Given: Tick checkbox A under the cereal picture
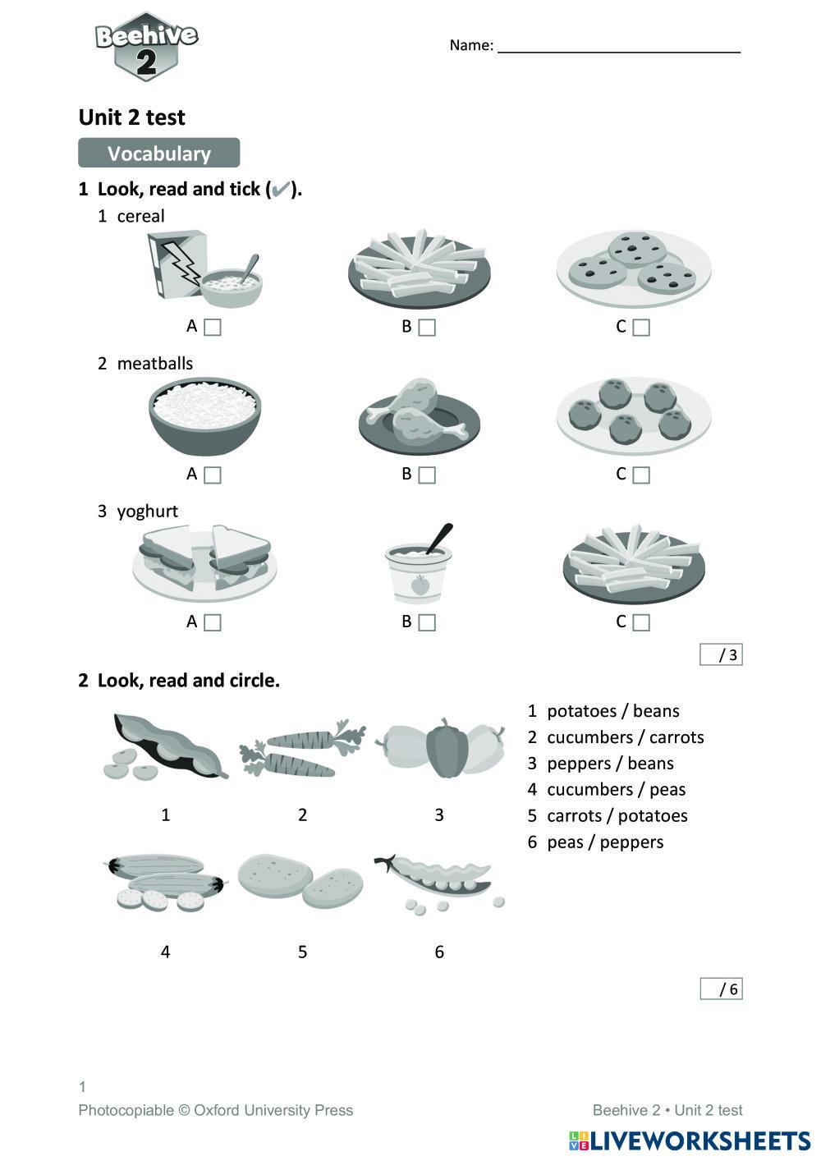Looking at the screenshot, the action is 213,328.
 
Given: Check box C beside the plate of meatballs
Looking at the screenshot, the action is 641,475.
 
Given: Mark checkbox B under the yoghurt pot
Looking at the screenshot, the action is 427,623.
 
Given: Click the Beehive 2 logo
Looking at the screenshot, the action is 146,47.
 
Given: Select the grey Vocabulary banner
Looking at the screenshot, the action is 158,154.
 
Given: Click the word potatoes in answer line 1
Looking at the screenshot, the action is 581,711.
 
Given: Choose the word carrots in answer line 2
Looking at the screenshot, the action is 677,737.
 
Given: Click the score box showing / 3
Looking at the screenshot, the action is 721,654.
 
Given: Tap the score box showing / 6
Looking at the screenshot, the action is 721,989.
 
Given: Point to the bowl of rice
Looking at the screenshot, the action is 205,415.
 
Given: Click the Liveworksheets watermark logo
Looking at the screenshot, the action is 689,1140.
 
